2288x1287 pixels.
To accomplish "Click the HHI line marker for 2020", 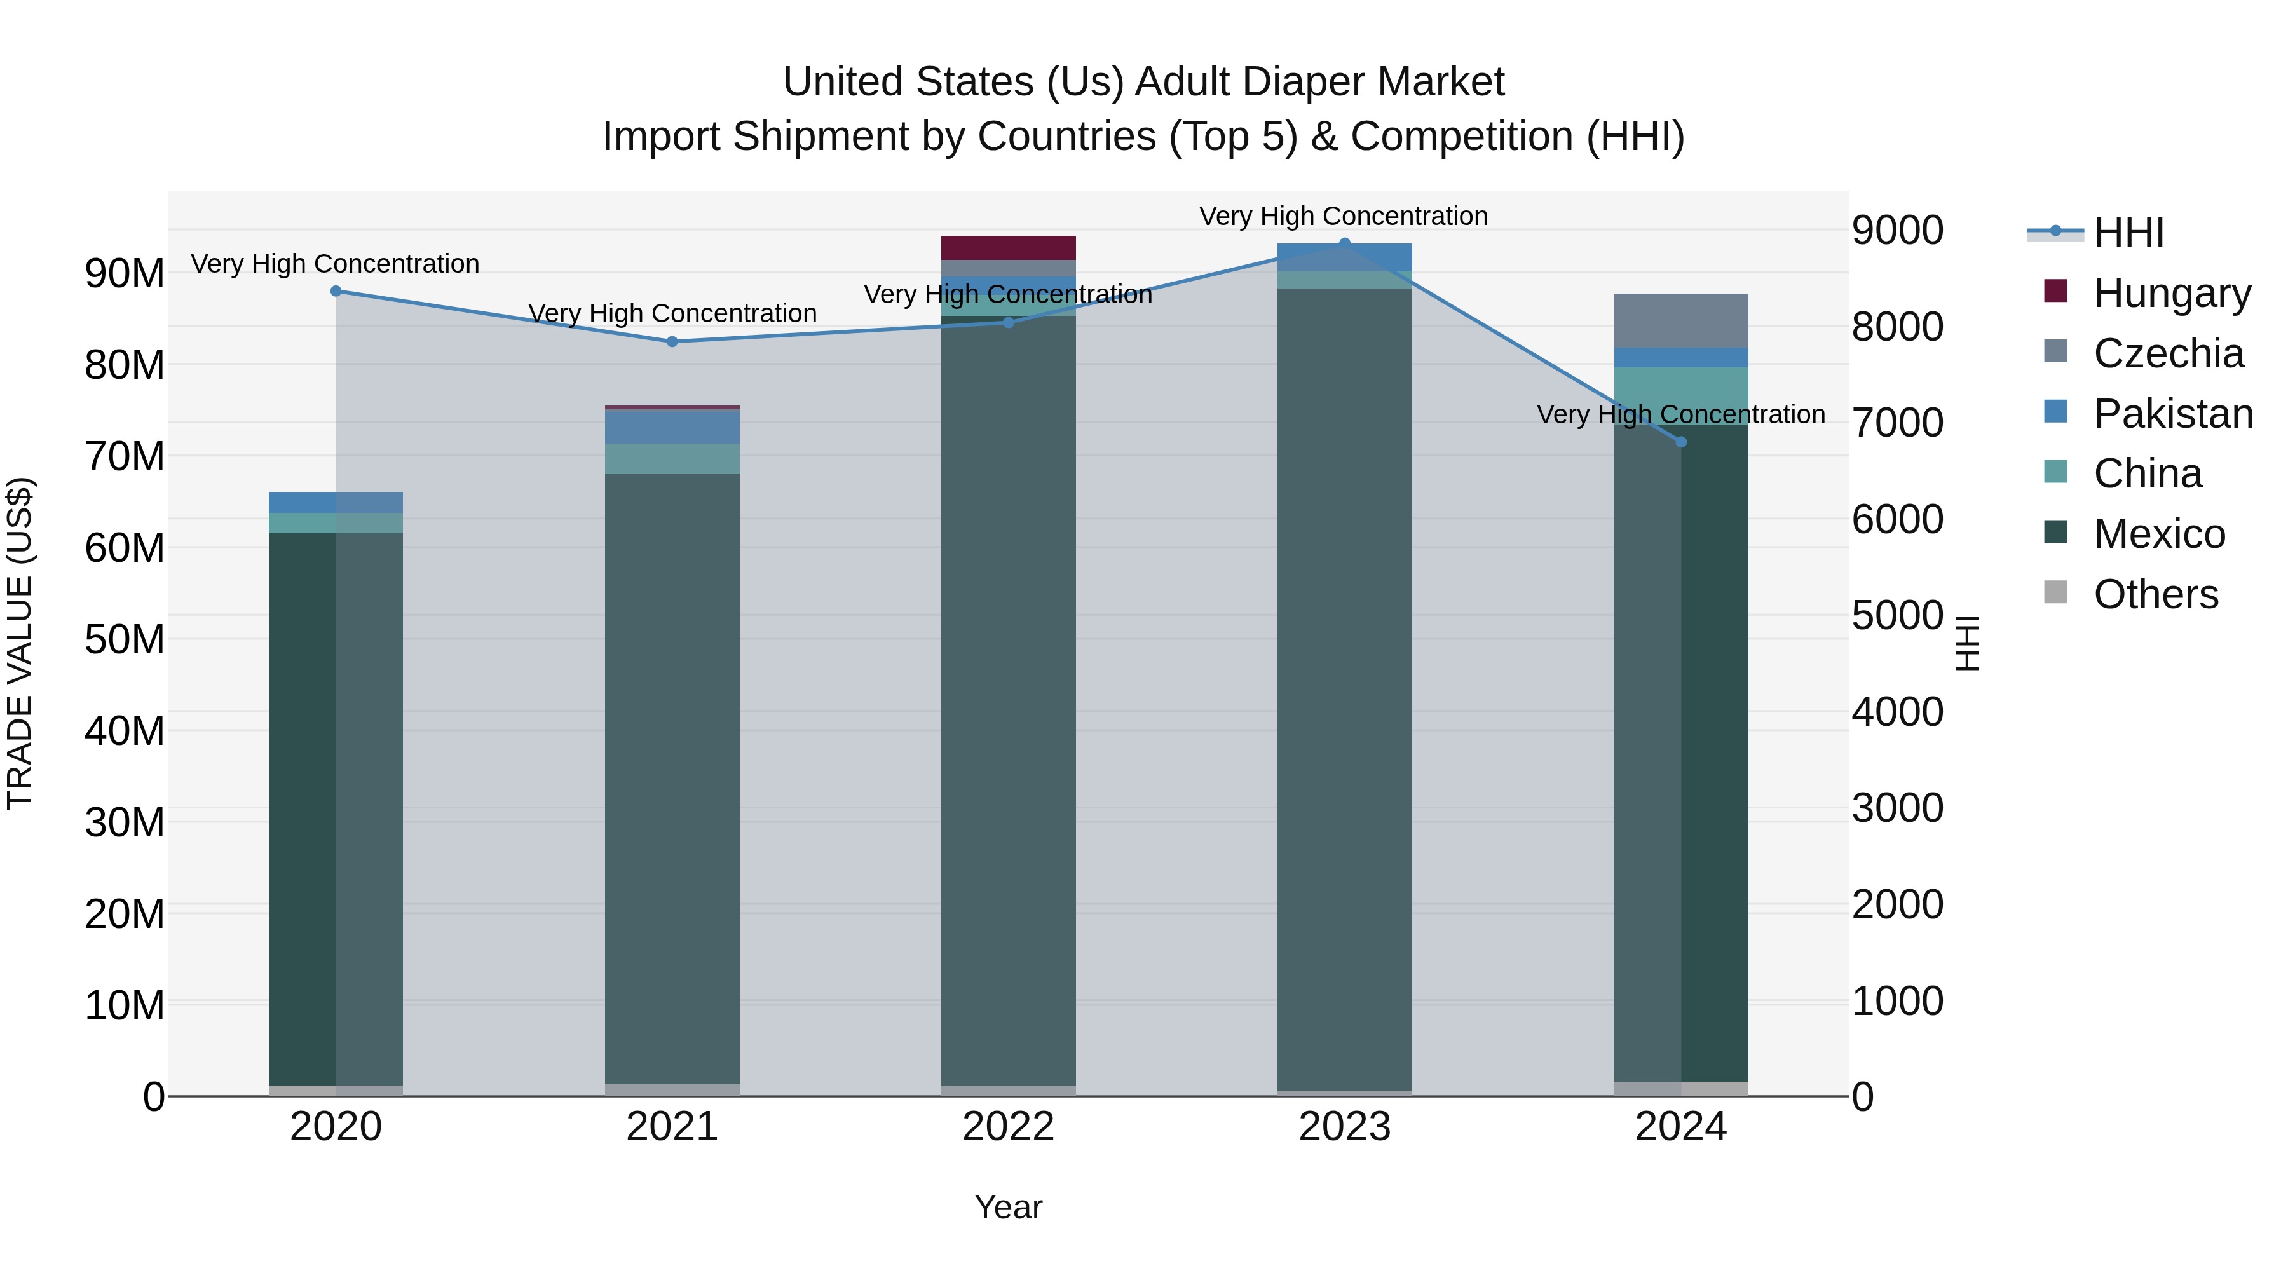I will pyautogui.click(x=336, y=291).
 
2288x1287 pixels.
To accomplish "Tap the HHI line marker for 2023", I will pyautogui.click(x=1344, y=243).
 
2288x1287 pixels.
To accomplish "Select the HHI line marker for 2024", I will pyautogui.click(x=1680, y=442).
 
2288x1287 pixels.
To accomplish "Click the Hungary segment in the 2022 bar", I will pyautogui.click(x=1008, y=248).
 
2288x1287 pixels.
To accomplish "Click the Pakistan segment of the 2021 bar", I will pyautogui.click(x=672, y=427).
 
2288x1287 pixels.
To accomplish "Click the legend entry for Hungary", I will pyautogui.click(x=2172, y=293).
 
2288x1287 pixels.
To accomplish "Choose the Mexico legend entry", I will pyautogui.click(x=2158, y=534).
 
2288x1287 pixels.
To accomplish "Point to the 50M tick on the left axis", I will pyautogui.click(x=125, y=639).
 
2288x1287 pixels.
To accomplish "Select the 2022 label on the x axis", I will pyautogui.click(x=1008, y=1127).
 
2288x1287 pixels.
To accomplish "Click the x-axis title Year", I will pyautogui.click(x=1008, y=1207).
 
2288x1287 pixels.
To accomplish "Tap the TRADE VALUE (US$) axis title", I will pyautogui.click(x=20, y=643).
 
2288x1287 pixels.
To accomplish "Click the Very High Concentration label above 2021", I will pyautogui.click(x=672, y=313).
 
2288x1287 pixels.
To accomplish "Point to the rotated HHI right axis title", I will pyautogui.click(x=1967, y=643).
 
